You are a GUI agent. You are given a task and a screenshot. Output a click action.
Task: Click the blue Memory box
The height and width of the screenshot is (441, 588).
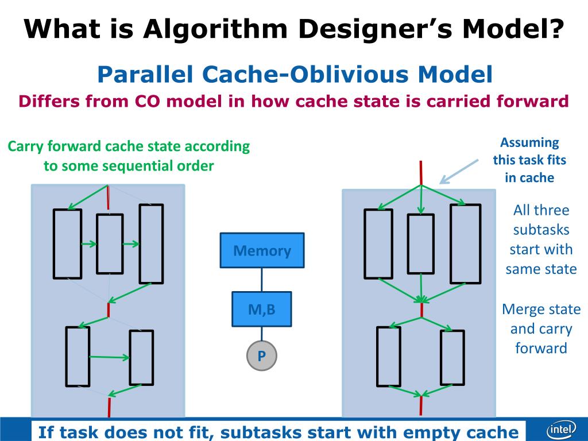(262, 250)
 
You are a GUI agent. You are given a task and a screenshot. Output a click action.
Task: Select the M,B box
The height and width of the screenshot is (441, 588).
(261, 310)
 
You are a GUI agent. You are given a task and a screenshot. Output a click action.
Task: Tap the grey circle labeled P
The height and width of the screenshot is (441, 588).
(261, 357)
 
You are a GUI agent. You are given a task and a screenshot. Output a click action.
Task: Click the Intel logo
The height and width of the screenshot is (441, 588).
(560, 430)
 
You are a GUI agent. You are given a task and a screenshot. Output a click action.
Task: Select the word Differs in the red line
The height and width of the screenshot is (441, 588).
(48, 102)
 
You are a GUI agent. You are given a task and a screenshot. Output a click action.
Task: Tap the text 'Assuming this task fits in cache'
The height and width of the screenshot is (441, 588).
(529, 160)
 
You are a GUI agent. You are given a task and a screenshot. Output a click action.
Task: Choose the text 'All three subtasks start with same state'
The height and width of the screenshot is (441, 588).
(541, 239)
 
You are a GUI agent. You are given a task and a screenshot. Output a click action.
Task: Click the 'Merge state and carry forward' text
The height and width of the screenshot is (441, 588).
(541, 328)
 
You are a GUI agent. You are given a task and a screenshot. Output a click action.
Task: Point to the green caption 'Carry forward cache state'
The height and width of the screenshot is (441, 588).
(129, 146)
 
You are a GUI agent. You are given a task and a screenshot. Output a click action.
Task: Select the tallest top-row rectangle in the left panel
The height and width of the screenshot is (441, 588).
(151, 243)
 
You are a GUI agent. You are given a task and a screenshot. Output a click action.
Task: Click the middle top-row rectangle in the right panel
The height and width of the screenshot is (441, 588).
(421, 243)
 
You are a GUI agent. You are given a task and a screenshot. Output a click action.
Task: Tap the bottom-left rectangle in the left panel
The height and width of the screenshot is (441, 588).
(78, 356)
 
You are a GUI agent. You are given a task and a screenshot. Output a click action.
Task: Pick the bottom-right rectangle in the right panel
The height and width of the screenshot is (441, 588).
(452, 357)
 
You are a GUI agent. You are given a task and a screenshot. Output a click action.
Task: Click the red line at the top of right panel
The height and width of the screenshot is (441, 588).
(421, 172)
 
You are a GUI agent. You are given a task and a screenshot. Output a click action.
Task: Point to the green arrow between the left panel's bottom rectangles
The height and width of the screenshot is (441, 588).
(110, 357)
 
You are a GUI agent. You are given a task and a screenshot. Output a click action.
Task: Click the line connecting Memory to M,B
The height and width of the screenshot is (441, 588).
(262, 280)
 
